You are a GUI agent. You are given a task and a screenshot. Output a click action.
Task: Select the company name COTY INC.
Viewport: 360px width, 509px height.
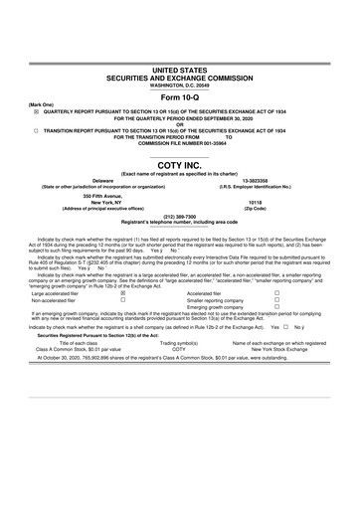pos(179,166)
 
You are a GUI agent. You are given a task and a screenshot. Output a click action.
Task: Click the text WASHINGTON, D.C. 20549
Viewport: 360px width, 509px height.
pos(179,57)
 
